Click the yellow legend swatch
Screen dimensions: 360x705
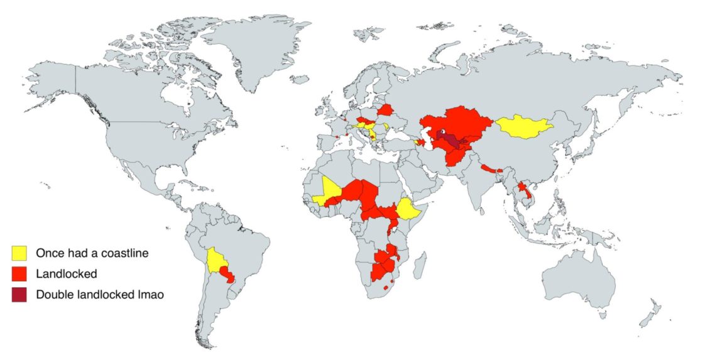coord(20,253)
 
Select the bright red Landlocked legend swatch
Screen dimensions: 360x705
coord(20,273)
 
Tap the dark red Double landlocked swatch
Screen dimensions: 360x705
coord(20,294)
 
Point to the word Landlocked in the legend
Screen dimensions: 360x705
coord(66,274)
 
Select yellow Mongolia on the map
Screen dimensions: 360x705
coord(524,127)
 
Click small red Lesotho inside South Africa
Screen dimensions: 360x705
coord(385,287)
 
